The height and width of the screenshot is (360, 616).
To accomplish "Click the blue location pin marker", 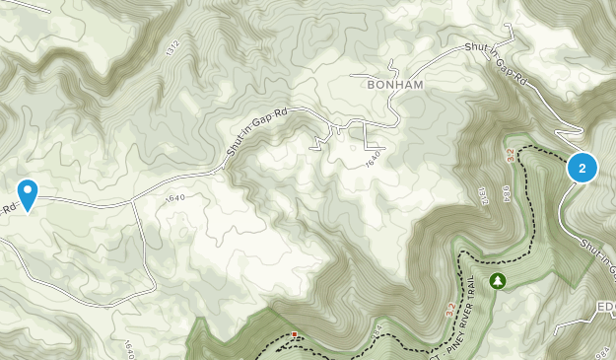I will (x=28, y=192).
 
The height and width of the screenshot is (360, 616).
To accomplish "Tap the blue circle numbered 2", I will (x=582, y=169).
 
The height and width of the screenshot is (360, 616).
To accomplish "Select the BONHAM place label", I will (x=394, y=85).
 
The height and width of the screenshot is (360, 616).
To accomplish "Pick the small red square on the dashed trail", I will (x=295, y=335).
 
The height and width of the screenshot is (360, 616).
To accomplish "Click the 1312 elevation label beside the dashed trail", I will (x=485, y=195).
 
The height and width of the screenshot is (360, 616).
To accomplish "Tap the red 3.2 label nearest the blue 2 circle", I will (x=511, y=156).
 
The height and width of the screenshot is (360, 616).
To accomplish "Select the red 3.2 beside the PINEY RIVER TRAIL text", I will (x=451, y=310).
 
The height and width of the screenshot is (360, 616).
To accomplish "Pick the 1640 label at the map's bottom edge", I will (x=130, y=350).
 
